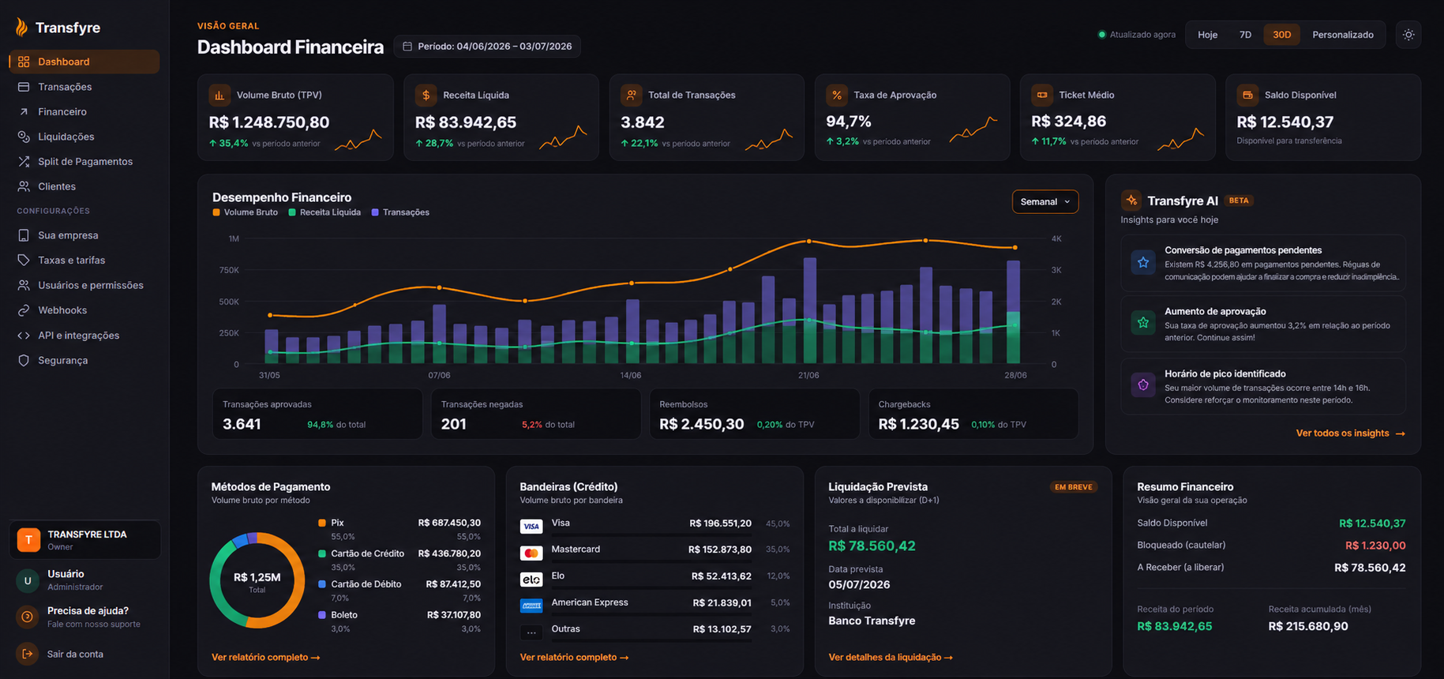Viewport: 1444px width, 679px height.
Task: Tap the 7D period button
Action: click(1245, 35)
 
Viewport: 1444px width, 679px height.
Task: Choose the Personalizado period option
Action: click(1342, 35)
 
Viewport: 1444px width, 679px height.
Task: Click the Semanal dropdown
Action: click(1045, 202)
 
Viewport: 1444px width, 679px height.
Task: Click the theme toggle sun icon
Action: click(1408, 35)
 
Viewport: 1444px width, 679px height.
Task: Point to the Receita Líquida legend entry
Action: click(324, 212)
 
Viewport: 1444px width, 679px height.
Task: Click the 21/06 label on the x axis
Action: click(808, 375)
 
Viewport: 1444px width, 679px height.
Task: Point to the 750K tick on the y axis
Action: click(229, 270)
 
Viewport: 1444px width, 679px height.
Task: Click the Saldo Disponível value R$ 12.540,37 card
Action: click(1285, 122)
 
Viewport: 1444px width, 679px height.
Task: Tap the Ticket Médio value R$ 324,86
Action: click(1068, 122)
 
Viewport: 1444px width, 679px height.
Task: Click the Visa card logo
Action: click(531, 526)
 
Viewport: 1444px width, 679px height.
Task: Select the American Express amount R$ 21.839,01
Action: click(722, 603)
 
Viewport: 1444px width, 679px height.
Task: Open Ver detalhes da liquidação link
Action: click(890, 657)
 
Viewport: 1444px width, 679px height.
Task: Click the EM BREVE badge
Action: click(1074, 487)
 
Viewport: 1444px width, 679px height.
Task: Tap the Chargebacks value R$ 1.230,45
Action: click(918, 424)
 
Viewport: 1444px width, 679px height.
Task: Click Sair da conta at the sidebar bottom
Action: click(75, 654)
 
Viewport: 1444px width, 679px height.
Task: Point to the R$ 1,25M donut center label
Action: click(257, 578)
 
